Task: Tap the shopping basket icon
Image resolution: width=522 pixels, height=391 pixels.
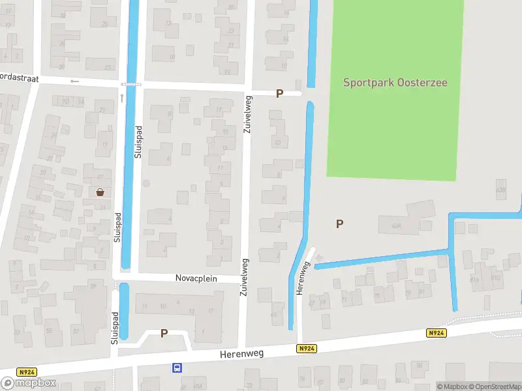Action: click(100, 192)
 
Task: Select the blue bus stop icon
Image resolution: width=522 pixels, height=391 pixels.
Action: click(177, 368)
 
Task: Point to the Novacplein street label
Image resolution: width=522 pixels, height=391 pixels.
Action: click(196, 278)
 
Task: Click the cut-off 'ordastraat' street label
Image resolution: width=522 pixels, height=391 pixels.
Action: click(20, 78)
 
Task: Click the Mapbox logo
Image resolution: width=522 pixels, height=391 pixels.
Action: click(29, 383)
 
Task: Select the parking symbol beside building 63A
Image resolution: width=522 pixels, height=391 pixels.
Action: click(339, 224)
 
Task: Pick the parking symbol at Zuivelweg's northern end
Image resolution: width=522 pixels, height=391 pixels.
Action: click(279, 93)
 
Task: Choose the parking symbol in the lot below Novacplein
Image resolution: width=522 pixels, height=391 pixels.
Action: click(164, 333)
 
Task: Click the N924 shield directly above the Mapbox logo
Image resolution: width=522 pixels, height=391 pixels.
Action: click(27, 372)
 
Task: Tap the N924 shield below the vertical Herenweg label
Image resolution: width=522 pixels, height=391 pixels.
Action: click(307, 349)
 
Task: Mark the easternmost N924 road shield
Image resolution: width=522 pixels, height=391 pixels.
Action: click(437, 333)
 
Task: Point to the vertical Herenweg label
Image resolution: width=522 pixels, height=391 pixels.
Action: click(301, 278)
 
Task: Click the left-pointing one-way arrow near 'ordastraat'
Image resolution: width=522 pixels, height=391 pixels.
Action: click(74, 81)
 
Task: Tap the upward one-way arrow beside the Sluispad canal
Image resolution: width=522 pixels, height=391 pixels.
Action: click(122, 98)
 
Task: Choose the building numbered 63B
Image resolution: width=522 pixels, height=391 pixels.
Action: click(501, 190)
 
